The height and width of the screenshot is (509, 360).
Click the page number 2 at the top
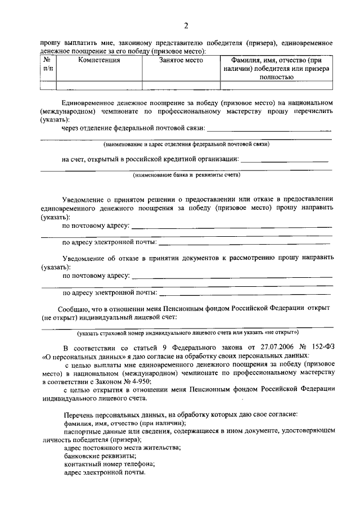click(186, 25)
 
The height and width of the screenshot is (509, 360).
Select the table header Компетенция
click(99, 60)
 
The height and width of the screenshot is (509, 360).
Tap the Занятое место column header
click(181, 60)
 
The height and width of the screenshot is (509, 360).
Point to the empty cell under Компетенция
click(99, 85)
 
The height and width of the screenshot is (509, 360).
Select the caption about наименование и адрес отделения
click(186, 145)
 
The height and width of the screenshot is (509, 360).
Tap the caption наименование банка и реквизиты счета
click(186, 175)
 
